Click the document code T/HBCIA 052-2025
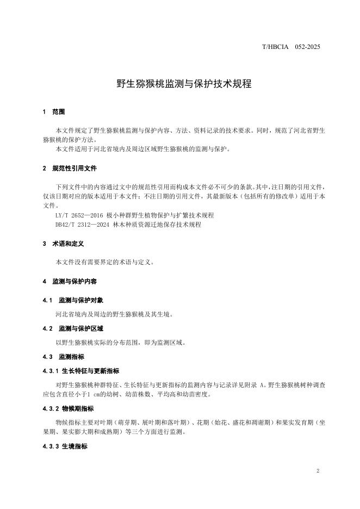[x=291, y=47]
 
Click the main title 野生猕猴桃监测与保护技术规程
[x=179, y=84]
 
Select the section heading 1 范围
[x=54, y=112]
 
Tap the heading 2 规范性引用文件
[x=70, y=169]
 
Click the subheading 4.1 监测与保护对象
[x=72, y=301]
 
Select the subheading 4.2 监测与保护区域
[x=72, y=329]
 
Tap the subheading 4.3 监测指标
[x=63, y=357]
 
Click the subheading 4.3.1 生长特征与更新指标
[x=80, y=371]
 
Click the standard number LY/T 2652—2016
[x=79, y=215]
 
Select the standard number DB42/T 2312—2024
[x=82, y=225]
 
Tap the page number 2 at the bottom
[x=318, y=471]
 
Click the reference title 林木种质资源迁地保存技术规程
[x=157, y=225]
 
